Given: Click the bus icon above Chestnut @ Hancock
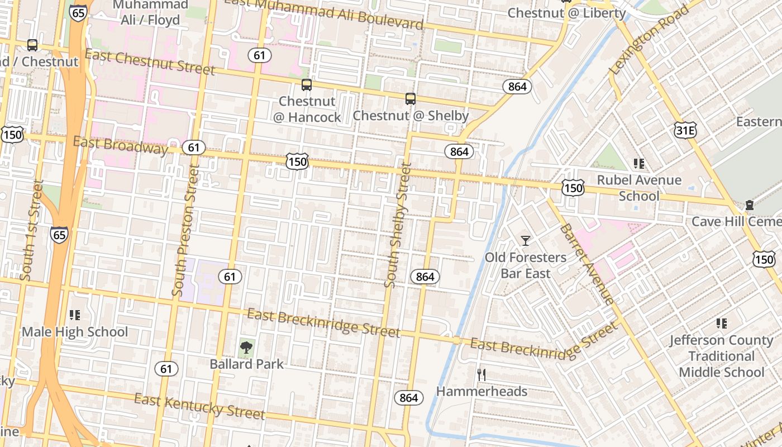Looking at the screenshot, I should (306, 85).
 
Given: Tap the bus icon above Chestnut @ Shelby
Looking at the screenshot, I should (411, 99).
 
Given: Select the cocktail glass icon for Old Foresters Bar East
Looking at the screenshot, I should (525, 241).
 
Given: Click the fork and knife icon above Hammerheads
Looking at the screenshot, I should (481, 374).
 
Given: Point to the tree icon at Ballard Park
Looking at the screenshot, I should (246, 348).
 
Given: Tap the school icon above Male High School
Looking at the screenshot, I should (75, 315).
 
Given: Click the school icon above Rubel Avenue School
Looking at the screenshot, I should (639, 164).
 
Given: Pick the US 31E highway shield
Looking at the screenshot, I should (685, 130).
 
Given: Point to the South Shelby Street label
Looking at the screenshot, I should (397, 225).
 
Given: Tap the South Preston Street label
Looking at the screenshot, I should (186, 230).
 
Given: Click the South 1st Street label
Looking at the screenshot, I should (31, 230).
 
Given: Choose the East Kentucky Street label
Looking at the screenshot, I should (199, 406).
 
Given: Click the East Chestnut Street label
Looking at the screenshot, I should (150, 62).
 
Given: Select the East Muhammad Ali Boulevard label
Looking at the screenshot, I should (323, 13).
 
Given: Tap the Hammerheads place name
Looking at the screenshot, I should (481, 391).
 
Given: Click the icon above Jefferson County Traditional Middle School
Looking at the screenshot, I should (721, 323).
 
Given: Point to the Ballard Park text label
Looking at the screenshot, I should (247, 364).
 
